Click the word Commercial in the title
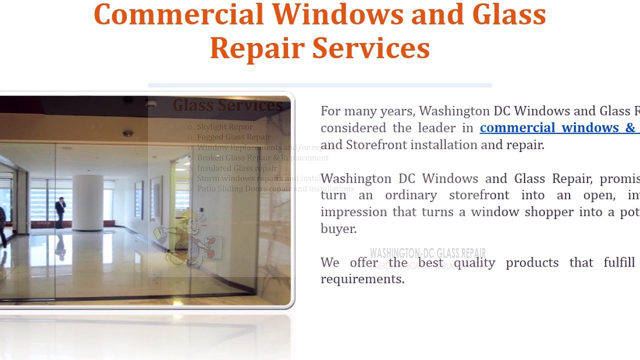pyautogui.click(x=178, y=15)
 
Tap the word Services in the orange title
pyautogui.click(x=371, y=48)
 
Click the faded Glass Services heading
pyautogui.click(x=227, y=105)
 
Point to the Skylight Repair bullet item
pyautogui.click(x=224, y=127)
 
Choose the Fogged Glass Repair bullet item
pyautogui.click(x=233, y=137)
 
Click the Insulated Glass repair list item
pyautogui.click(x=236, y=168)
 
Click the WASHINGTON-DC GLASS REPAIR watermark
pyautogui.click(x=427, y=253)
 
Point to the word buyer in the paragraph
pyautogui.click(x=338, y=229)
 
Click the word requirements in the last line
pyautogui.click(x=362, y=279)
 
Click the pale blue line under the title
pyautogui.click(x=320, y=85)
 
